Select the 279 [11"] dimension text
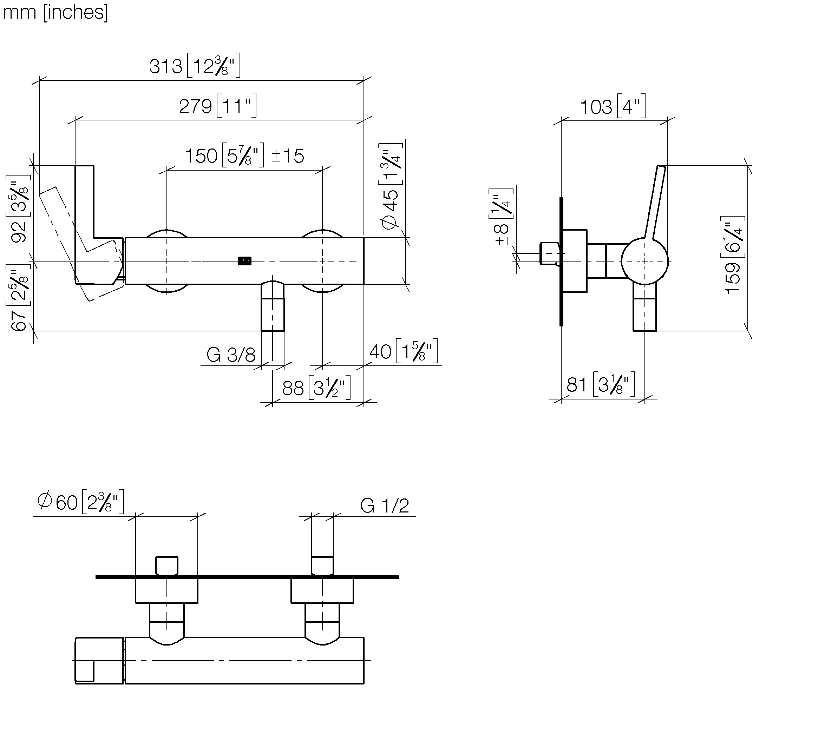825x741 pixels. (217, 105)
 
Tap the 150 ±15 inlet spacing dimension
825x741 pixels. (244, 155)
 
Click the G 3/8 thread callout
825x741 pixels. (231, 355)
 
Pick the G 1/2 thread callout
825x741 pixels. (385, 506)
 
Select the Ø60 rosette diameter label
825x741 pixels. (81, 502)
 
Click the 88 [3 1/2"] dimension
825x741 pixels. (316, 388)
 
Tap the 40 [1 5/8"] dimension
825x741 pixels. (403, 351)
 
